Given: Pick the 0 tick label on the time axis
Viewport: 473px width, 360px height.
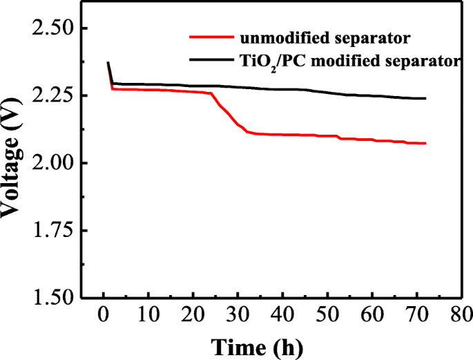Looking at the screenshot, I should [104, 316].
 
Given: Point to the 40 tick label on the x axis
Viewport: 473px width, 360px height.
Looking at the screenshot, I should [283, 316].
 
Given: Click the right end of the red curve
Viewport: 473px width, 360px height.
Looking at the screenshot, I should [425, 143].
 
